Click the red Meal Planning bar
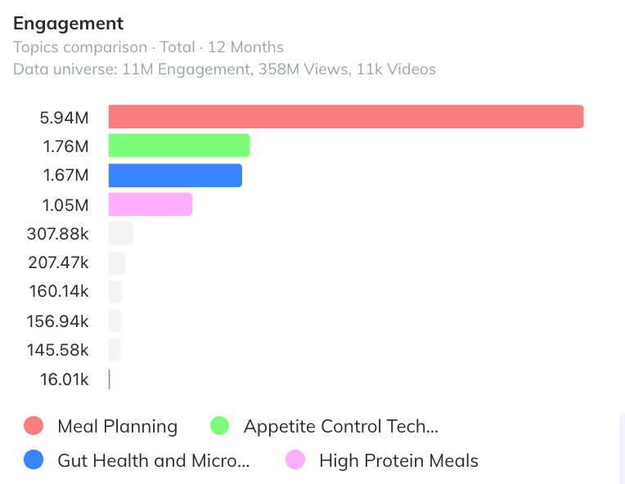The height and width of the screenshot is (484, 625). pos(346,117)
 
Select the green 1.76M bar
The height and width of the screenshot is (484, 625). pos(179,146)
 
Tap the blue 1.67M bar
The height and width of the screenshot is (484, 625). pos(175,175)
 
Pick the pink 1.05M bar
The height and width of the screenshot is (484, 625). pos(151,204)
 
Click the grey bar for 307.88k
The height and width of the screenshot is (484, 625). pos(121,234)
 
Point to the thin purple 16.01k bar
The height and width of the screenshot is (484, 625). pos(110,379)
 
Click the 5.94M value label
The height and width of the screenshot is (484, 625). pos(64,118)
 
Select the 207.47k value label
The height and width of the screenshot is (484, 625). pos(58,263)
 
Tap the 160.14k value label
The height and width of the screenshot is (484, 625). pos(59,291)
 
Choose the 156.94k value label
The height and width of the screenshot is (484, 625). pos(57,321)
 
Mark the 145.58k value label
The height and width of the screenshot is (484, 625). pos(57,350)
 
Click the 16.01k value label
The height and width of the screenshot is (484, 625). pos(64,379)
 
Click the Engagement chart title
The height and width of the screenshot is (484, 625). pos(68,24)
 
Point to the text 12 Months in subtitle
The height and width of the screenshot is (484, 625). pos(245,47)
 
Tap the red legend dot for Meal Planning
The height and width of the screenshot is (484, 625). pos(34,425)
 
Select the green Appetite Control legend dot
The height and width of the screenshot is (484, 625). pos(219,425)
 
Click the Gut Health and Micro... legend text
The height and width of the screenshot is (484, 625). pos(154,460)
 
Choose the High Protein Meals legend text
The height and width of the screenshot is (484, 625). pos(398,460)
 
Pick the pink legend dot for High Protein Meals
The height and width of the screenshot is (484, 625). pos(295,459)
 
